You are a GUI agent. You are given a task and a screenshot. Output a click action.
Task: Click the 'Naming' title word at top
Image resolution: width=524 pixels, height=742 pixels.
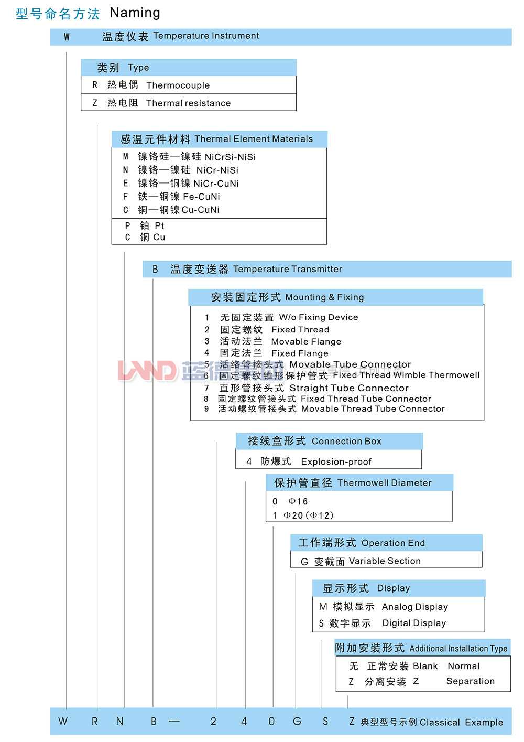pyautogui.click(x=135, y=13)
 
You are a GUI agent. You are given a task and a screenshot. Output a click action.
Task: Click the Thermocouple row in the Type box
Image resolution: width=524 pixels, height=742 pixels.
pyautogui.click(x=178, y=85)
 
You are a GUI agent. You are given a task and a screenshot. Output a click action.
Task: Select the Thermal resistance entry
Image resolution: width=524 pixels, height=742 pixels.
pyautogui.click(x=188, y=103)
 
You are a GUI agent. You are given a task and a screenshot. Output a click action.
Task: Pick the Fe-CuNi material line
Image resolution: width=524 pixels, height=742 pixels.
pyautogui.click(x=201, y=197)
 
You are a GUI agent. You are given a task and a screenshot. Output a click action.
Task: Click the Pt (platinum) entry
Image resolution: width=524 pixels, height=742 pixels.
pyautogui.click(x=159, y=225)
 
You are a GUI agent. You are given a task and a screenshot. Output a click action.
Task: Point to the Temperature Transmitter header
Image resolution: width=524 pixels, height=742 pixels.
pyautogui.click(x=287, y=269)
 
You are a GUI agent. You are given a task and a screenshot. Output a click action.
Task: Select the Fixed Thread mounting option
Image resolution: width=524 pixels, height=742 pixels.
pyautogui.click(x=300, y=329)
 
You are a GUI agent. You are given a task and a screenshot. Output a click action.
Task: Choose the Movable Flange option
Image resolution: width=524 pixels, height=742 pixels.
pyautogui.click(x=305, y=341)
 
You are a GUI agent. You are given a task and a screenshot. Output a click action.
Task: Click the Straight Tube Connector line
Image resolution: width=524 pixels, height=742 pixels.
pyautogui.click(x=348, y=388)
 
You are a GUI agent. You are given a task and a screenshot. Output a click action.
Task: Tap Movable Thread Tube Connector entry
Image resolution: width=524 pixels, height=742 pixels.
pyautogui.click(x=373, y=408)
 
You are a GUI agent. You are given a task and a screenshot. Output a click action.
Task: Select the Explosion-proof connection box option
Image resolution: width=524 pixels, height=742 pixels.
pyautogui.click(x=335, y=461)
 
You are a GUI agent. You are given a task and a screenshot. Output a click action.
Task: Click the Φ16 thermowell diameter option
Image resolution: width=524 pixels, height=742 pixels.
pyautogui.click(x=298, y=501)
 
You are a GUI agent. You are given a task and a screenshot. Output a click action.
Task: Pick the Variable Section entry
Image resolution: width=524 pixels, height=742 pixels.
pyautogui.click(x=384, y=561)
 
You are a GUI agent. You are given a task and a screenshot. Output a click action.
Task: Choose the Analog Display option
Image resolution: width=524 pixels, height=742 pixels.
pyautogui.click(x=414, y=607)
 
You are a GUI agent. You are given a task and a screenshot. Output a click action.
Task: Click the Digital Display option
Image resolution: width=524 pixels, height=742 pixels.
pyautogui.click(x=413, y=623)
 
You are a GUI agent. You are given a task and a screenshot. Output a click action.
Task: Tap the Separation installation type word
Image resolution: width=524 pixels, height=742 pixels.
pyautogui.click(x=470, y=681)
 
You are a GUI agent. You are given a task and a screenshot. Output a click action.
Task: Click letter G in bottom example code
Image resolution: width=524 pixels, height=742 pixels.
pyautogui.click(x=297, y=722)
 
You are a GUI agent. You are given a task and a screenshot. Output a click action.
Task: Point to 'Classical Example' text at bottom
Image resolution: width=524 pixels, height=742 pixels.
pyautogui.click(x=461, y=722)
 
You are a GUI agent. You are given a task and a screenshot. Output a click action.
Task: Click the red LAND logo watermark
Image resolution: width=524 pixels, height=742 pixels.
pyautogui.click(x=147, y=370)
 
